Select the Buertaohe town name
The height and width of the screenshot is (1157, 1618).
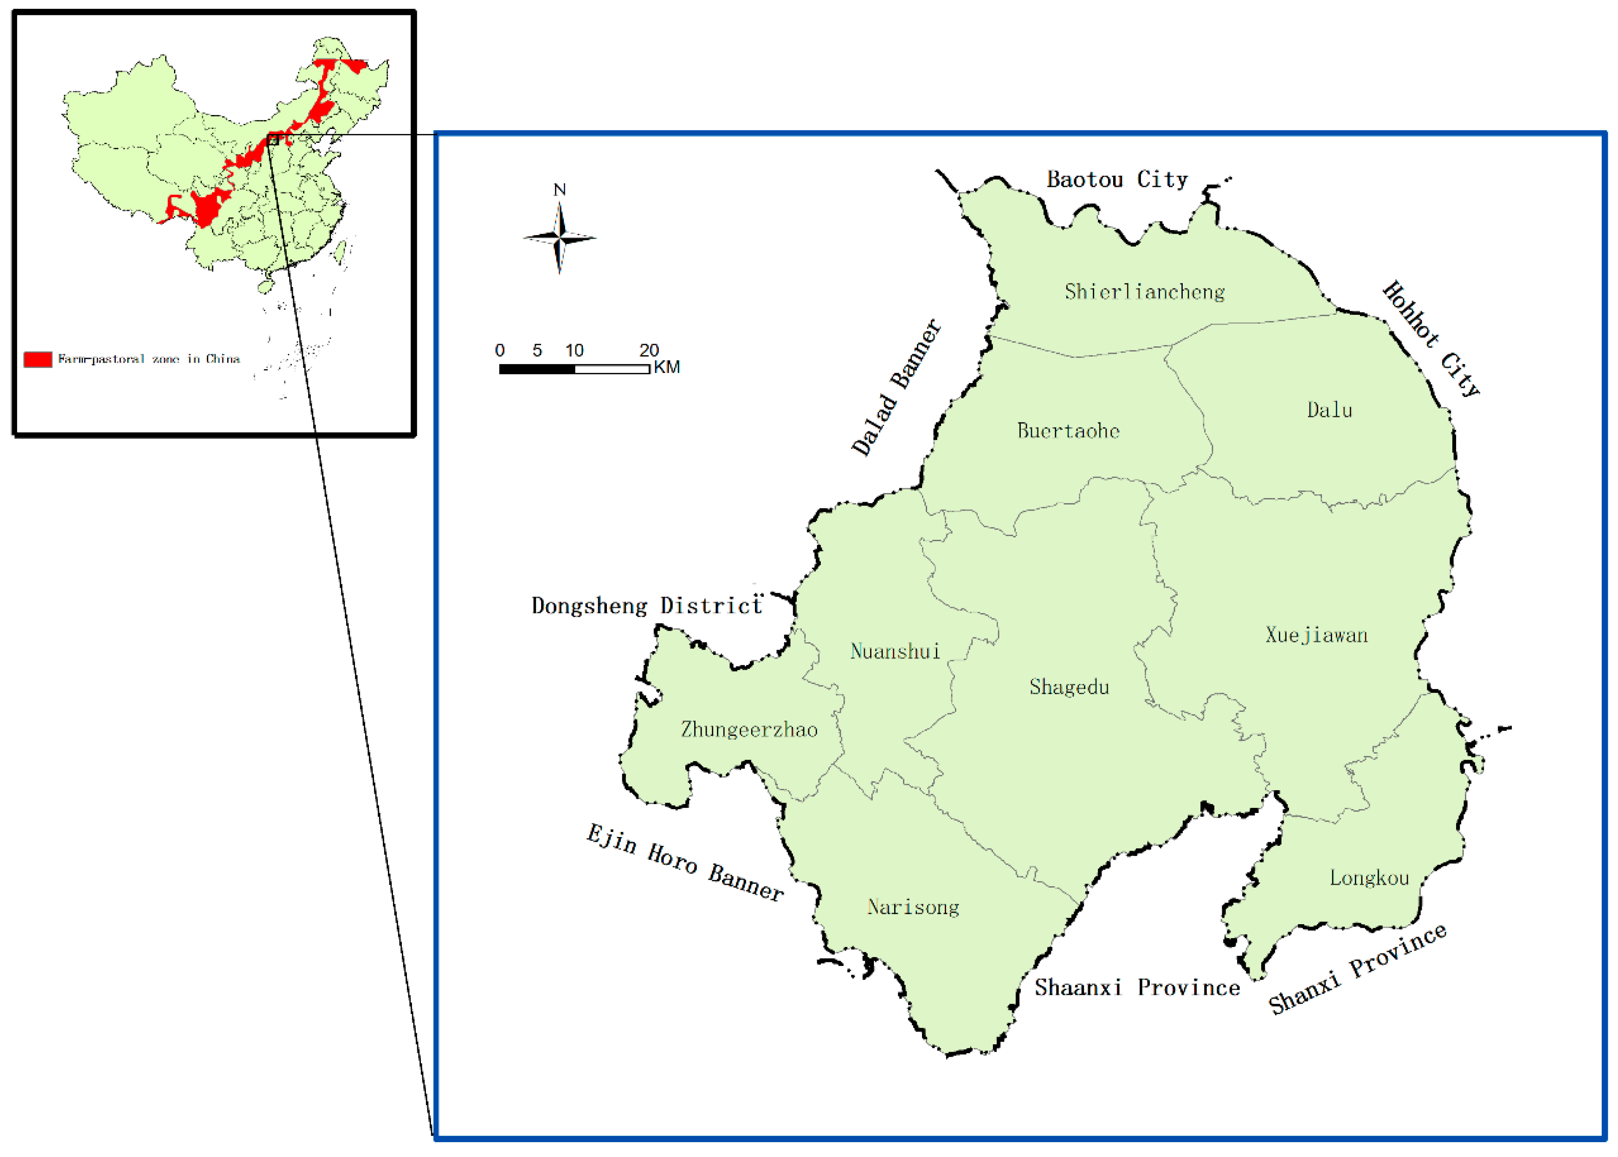[1068, 430]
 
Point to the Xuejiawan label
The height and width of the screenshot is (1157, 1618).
[1316, 635]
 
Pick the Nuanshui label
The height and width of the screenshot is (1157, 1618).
[895, 651]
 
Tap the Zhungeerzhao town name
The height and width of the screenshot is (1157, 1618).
[748, 729]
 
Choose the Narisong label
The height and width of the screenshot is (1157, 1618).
[913, 907]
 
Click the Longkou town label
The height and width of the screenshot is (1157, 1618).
[1369, 878]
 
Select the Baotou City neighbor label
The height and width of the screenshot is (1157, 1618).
[1117, 179]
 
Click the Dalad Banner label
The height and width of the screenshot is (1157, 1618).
[896, 388]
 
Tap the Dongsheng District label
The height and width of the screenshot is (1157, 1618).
[646, 606]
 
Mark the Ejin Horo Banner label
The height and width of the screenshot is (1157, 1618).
[685, 862]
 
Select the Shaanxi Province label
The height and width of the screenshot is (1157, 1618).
[1137, 987]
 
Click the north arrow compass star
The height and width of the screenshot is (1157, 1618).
[560, 237]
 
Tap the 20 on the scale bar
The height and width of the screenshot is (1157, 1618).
[649, 350]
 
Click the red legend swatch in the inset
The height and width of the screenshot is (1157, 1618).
[38, 359]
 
